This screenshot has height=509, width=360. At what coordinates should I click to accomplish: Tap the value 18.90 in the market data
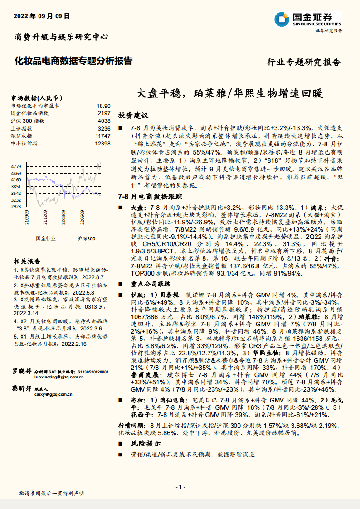(103, 105)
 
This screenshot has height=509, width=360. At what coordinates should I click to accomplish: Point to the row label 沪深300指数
(27, 121)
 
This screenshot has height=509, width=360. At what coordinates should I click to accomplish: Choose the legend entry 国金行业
(45, 238)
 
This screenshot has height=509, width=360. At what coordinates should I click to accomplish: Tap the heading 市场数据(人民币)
(36, 97)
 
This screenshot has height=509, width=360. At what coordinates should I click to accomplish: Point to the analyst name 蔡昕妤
(22, 389)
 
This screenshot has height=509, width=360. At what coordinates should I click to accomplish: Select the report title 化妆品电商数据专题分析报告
(74, 60)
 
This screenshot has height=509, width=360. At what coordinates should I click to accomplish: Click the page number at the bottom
(180, 487)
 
